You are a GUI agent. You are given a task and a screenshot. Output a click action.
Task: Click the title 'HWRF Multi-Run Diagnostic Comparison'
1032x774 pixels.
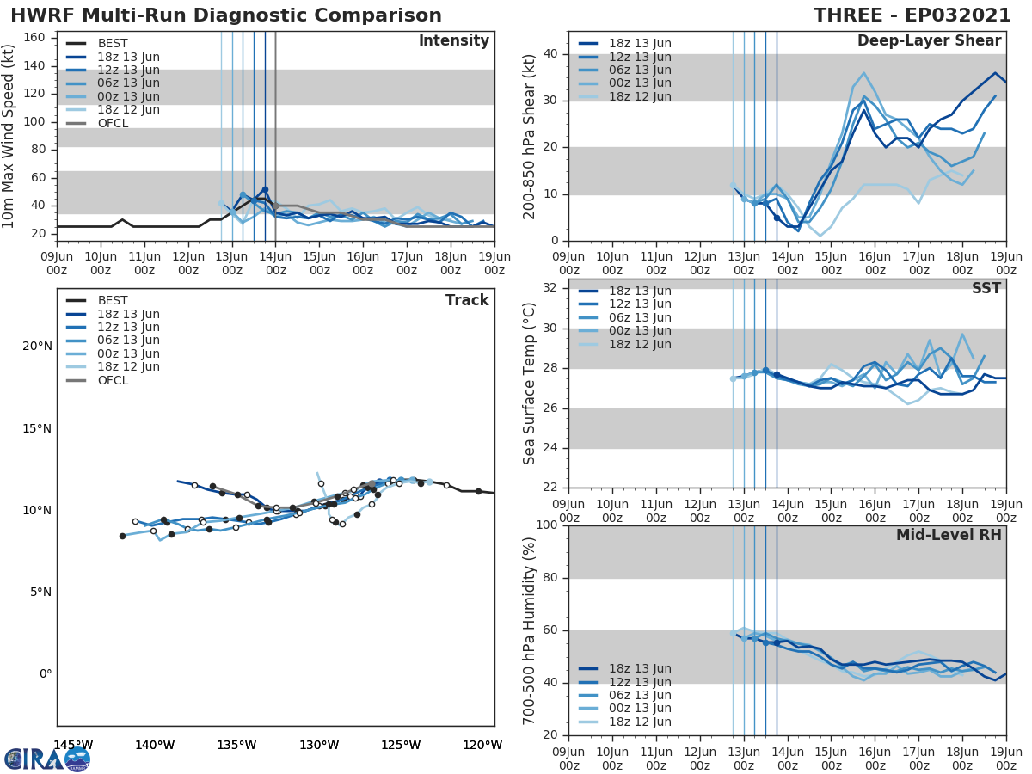pos(226,15)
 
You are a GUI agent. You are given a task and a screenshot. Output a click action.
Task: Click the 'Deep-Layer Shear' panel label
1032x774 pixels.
pos(929,41)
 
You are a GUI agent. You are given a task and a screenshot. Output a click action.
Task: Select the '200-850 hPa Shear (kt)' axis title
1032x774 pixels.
pos(530,136)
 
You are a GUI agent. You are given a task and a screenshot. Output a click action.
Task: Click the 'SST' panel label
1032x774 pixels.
pos(986,288)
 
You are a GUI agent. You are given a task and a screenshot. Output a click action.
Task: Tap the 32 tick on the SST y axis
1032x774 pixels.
pos(550,288)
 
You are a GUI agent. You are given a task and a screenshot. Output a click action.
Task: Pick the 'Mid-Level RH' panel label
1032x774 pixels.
pos(949,535)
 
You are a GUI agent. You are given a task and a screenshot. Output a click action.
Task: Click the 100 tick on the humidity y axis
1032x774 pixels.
pos(545,525)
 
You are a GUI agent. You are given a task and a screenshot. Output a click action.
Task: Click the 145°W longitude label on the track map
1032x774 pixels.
pos(73,745)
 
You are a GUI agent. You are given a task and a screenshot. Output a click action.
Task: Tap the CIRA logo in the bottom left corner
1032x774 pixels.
pos(46,759)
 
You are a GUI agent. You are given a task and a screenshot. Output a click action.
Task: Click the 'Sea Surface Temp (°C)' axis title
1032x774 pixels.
pos(530,384)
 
